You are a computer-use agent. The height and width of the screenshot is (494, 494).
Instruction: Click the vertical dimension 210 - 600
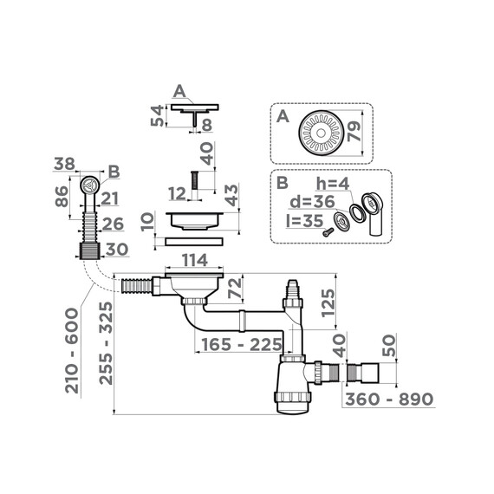[73, 348]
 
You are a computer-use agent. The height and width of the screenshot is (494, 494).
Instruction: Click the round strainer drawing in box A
[322, 133]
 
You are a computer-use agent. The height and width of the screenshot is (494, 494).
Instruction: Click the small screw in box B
[328, 231]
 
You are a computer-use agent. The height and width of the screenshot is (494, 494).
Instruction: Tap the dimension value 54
[156, 116]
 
